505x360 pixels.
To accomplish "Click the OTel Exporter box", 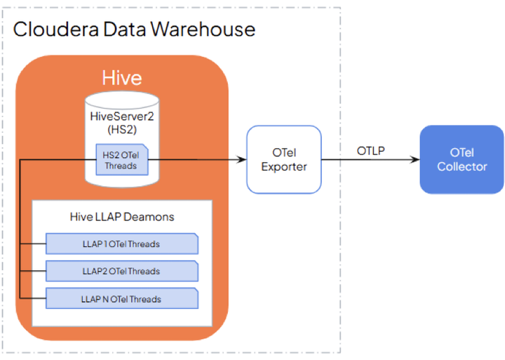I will [x=283, y=159].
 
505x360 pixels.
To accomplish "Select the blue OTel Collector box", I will [x=462, y=159].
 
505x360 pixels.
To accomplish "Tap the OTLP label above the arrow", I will [x=370, y=150].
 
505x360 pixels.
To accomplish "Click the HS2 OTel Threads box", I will [x=121, y=160].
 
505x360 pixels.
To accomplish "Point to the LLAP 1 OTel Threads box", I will [x=121, y=244].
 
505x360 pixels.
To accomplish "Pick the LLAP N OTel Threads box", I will [x=121, y=299].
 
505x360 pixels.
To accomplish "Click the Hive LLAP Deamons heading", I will [x=122, y=217].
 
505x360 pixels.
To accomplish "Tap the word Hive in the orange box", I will [x=122, y=78].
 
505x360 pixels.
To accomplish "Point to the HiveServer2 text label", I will [x=122, y=116].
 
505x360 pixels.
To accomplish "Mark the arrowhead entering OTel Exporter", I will [x=242, y=160].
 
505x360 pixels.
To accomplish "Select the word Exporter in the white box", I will [x=283, y=166].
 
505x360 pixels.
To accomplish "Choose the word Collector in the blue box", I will [x=462, y=166].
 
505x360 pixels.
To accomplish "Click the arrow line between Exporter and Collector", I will [x=368, y=160].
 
